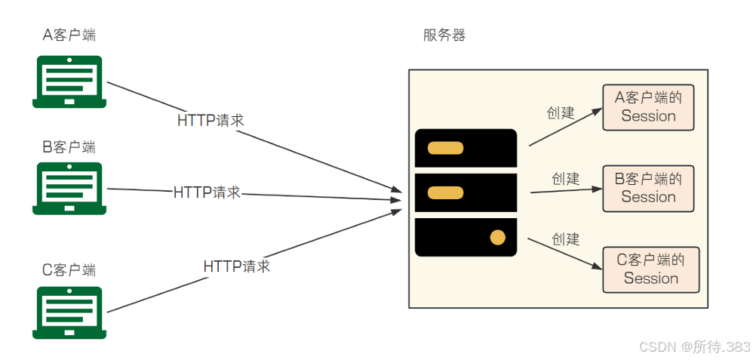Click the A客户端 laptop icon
coord(68,81)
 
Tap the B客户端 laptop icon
coord(68,187)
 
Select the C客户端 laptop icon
coord(68,310)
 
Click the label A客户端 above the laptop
coord(69,35)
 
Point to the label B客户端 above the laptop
coord(69,146)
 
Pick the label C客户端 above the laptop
coord(69,269)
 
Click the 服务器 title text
coord(444,35)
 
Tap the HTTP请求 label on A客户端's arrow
coord(211,120)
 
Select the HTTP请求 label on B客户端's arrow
coord(207,192)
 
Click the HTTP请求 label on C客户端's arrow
coord(236,266)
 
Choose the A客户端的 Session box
coord(648,107)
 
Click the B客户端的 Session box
coord(648,189)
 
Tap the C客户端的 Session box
coord(650,269)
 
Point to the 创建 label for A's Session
coord(561,113)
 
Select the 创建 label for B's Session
coord(565,179)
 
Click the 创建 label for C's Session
coord(565,239)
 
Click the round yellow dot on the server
coord(497,238)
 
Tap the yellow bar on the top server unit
coord(445,148)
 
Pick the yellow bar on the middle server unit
coord(445,193)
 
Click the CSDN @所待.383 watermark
coord(694,346)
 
